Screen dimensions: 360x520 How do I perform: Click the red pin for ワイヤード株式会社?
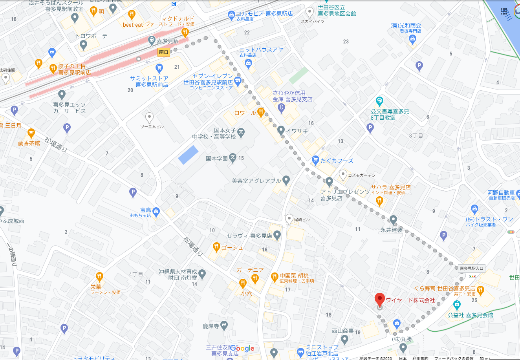(x=379, y=300)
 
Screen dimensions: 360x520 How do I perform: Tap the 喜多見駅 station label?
(x=167, y=41)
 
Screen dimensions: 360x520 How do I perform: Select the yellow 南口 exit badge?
(x=164, y=52)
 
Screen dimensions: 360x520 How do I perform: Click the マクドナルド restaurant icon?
(x=185, y=32)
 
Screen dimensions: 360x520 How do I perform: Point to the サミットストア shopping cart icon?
(x=159, y=69)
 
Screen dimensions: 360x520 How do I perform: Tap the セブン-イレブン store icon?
(x=238, y=81)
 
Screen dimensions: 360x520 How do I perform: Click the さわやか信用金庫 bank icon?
(x=281, y=107)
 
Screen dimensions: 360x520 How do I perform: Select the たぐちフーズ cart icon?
(x=315, y=160)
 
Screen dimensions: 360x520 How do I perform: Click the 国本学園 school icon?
(x=233, y=158)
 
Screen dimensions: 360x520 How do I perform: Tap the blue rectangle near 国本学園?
(x=189, y=155)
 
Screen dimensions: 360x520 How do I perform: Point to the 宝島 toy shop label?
(x=146, y=210)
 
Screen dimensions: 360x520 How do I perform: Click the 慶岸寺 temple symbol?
(x=223, y=325)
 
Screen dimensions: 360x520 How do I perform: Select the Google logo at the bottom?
(x=242, y=349)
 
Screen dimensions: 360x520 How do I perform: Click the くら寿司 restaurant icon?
(x=480, y=291)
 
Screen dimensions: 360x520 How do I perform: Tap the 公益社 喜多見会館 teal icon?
(x=456, y=305)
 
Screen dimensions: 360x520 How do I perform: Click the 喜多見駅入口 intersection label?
(x=472, y=269)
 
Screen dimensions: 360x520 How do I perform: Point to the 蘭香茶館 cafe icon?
(x=31, y=133)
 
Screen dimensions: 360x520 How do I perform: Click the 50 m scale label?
(x=484, y=358)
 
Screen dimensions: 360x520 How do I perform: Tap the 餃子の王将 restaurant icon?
(x=53, y=69)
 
